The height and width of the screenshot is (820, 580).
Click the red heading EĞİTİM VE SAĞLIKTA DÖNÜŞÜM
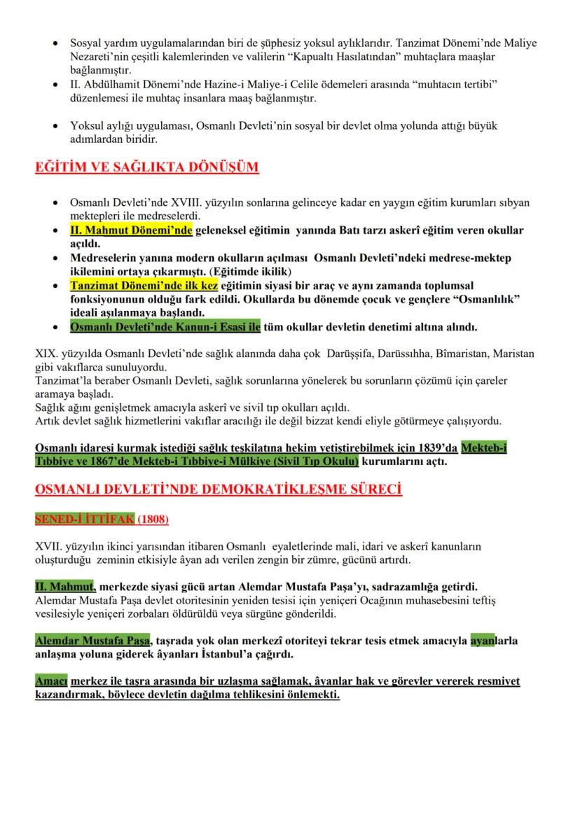[147, 168]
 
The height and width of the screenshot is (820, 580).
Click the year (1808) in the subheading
[152, 520]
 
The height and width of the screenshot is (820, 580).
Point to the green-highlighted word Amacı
[51, 681]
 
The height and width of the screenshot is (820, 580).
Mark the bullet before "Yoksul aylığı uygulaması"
[55, 126]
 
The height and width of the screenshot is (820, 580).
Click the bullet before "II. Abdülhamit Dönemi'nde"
[55, 85]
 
